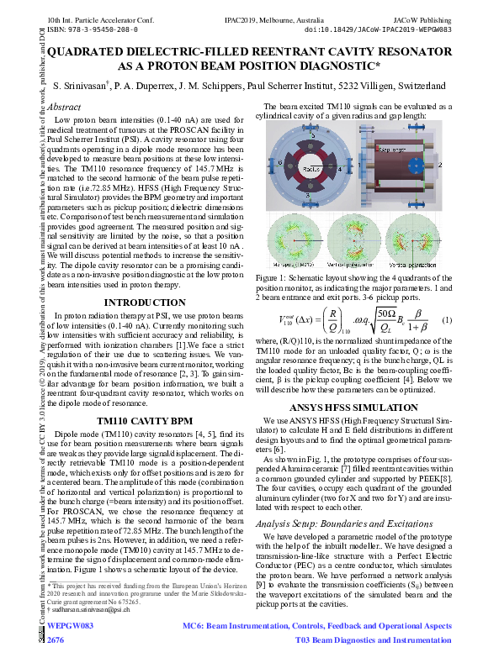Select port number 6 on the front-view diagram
click(280, 161)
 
